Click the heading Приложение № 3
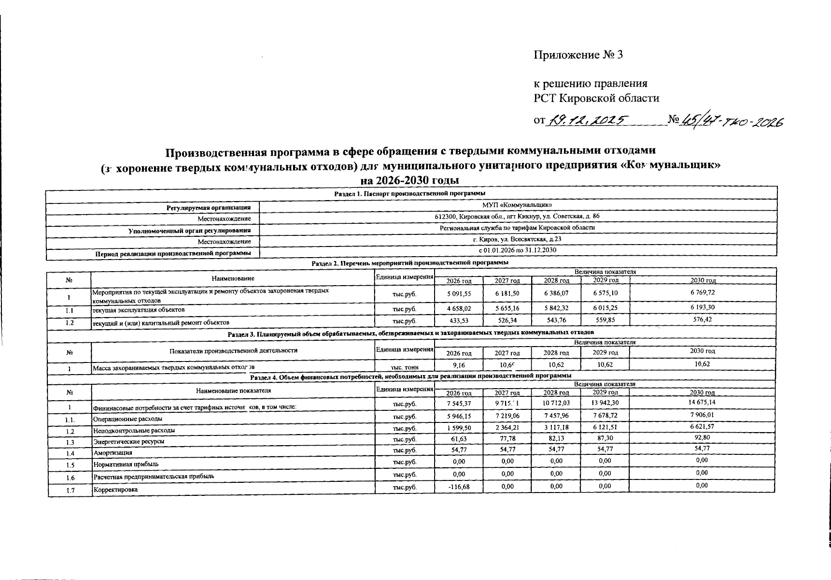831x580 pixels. tap(578, 55)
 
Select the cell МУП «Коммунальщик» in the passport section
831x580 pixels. tap(517, 205)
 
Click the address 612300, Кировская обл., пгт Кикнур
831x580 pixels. tap(517, 217)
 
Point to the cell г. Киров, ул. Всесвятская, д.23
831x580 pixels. tap(517, 239)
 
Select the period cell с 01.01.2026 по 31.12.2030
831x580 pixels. tap(517, 250)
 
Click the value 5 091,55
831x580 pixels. tap(459, 293)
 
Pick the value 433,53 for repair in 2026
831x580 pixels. tap(459, 320)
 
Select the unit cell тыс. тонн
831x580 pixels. tap(405, 368)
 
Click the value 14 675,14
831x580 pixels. tap(703, 402)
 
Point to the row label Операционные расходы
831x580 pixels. tap(127, 419)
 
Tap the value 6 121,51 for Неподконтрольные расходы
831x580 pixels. tap(604, 427)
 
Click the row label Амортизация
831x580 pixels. tap(113, 453)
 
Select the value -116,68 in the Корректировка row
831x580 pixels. tap(459, 487)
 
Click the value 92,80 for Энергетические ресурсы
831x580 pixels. tap(703, 438)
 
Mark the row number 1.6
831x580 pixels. tap(70, 478)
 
